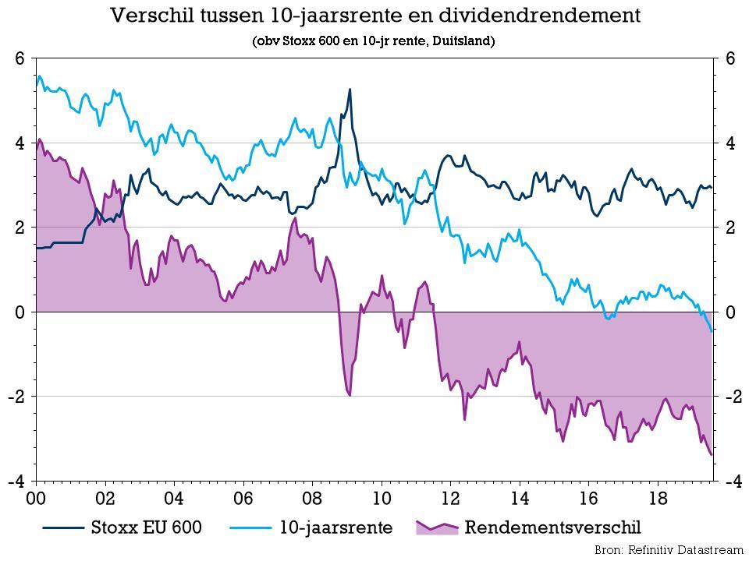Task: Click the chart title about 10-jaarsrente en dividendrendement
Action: point(374,16)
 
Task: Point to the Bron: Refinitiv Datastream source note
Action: point(669,550)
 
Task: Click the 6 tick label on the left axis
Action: point(20,59)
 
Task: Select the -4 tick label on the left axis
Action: point(16,481)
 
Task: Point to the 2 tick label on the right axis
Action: point(731,228)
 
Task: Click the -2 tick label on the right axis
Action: point(734,397)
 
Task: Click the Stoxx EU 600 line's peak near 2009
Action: point(350,90)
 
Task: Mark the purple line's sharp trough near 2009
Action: point(350,395)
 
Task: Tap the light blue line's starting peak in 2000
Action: point(40,76)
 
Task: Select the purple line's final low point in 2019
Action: point(712,455)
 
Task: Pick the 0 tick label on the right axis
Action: point(731,312)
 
